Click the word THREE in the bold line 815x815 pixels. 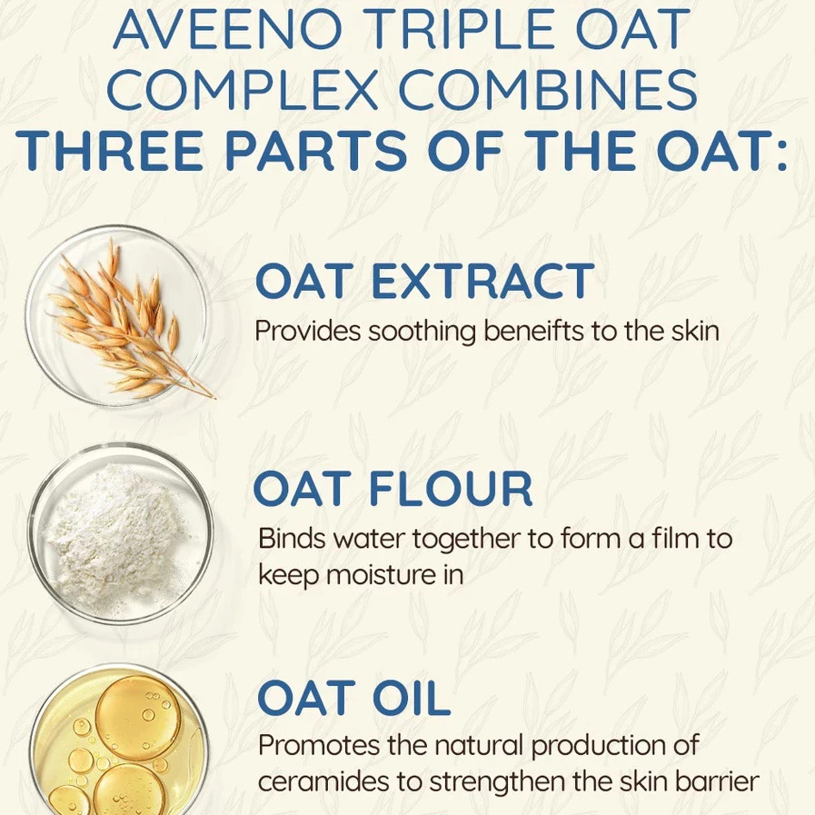[x=109, y=150]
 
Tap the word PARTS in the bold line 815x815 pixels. [x=316, y=150]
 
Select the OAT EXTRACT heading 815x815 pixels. [x=424, y=281]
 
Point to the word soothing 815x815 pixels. [x=422, y=332]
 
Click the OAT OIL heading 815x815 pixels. [x=353, y=698]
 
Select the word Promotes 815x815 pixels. [x=319, y=745]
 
